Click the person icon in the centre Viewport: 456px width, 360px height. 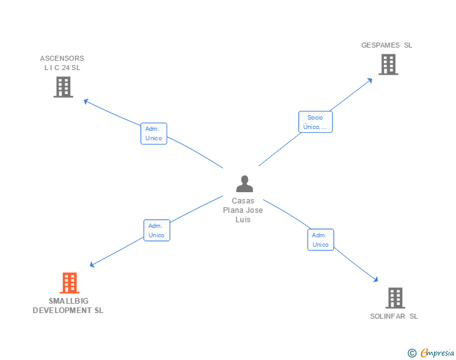tap(244, 183)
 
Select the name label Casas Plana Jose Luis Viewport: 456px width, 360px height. tap(243, 210)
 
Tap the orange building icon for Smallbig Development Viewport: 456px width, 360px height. tap(70, 283)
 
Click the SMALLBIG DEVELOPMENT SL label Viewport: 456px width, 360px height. tap(68, 306)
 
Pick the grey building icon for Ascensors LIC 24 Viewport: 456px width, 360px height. tap(63, 87)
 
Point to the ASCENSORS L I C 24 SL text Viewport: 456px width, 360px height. tap(62, 63)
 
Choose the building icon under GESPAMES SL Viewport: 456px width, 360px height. tap(388, 64)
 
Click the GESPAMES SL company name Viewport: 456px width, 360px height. tap(386, 45)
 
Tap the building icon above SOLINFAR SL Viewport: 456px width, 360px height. tap(395, 298)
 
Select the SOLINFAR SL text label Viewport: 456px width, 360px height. tap(394, 316)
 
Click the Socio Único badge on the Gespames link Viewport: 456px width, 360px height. tap(315, 122)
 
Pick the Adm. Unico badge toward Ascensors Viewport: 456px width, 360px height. tap(153, 133)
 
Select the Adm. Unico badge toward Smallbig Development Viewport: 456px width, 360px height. tap(157, 230)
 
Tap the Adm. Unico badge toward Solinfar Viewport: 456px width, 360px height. tap(320, 240)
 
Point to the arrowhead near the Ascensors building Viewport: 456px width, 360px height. tap(86, 101)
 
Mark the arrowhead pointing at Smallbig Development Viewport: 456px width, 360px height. tap(93, 265)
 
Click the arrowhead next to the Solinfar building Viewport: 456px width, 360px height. tap(376, 280)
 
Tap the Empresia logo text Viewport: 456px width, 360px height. tap(437, 353)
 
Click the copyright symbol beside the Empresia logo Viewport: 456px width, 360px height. tap(412, 354)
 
